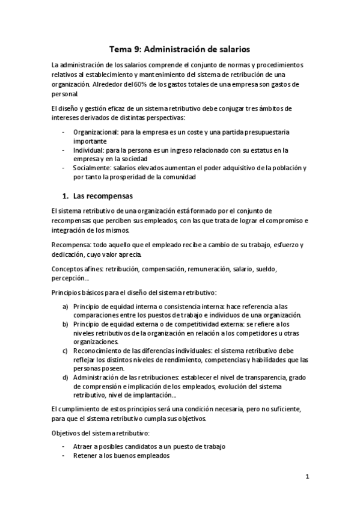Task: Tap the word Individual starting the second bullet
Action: point(88,150)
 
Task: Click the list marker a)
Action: point(65,307)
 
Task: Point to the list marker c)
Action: point(65,351)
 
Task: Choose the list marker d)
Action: point(65,377)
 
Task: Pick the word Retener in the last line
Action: point(85,455)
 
